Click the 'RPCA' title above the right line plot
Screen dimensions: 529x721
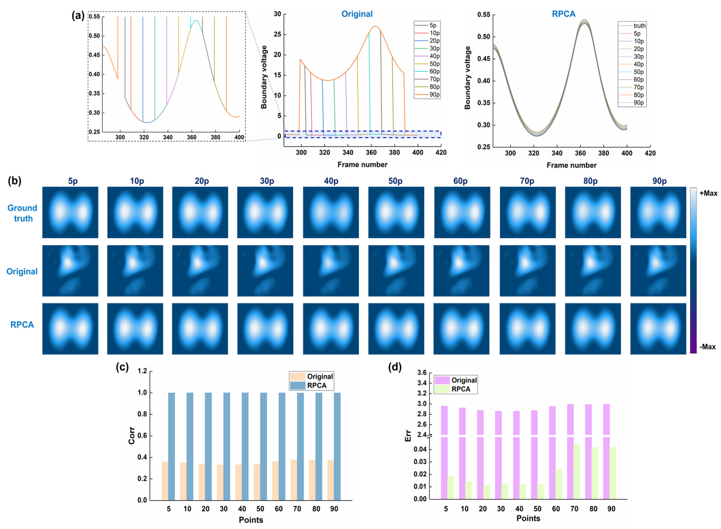(x=563, y=14)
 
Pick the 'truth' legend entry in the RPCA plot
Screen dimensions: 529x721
(x=639, y=26)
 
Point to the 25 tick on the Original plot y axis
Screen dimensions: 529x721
(x=277, y=34)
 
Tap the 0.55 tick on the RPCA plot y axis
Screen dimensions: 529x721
(x=483, y=15)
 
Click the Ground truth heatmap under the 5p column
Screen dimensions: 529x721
(x=70, y=212)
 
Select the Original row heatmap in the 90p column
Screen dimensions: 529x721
(x=658, y=271)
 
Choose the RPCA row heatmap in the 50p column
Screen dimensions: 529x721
(x=396, y=328)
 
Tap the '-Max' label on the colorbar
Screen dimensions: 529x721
(x=707, y=347)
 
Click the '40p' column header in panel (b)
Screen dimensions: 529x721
(x=331, y=181)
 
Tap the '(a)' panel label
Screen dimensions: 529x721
(x=78, y=15)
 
